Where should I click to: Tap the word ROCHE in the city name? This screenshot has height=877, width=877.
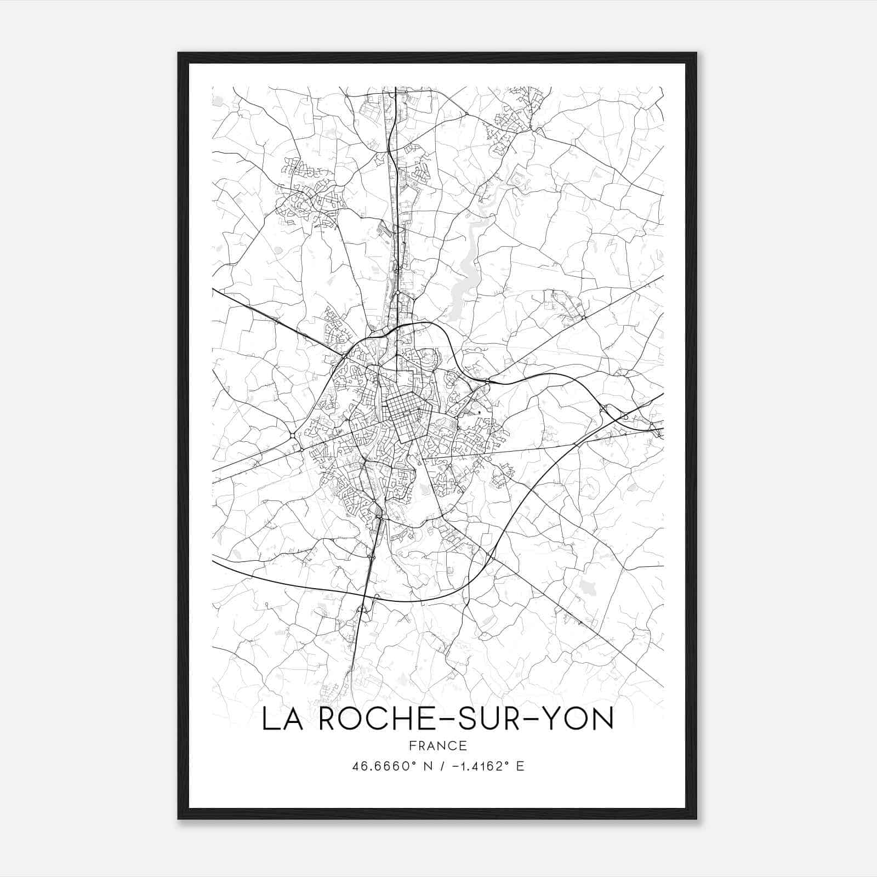click(370, 719)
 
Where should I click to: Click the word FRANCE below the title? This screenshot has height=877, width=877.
click(437, 745)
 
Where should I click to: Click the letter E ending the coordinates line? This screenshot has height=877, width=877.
click(520, 766)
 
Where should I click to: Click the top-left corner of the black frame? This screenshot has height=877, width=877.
click(179, 54)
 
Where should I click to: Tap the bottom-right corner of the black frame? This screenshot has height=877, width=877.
click(696, 818)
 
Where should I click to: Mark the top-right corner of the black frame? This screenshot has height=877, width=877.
click(696, 54)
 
